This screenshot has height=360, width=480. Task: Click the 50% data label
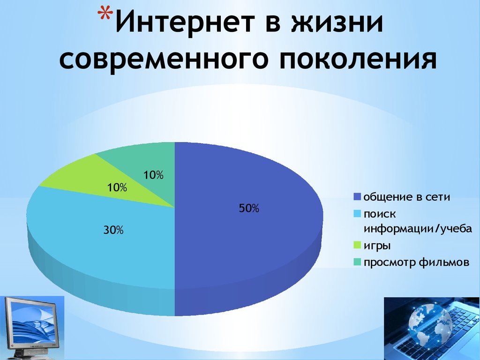click(249, 208)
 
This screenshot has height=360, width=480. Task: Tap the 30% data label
click(113, 230)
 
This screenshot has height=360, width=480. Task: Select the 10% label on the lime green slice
click(117, 187)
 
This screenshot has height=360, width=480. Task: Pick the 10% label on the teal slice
click(153, 175)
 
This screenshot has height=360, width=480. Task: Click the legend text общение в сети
click(406, 196)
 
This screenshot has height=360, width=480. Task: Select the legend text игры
click(377, 246)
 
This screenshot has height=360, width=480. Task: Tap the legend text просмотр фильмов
click(416, 262)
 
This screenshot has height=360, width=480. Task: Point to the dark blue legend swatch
click(357, 196)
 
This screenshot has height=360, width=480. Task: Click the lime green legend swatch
click(357, 245)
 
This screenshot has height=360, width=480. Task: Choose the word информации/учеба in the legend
click(418, 229)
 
